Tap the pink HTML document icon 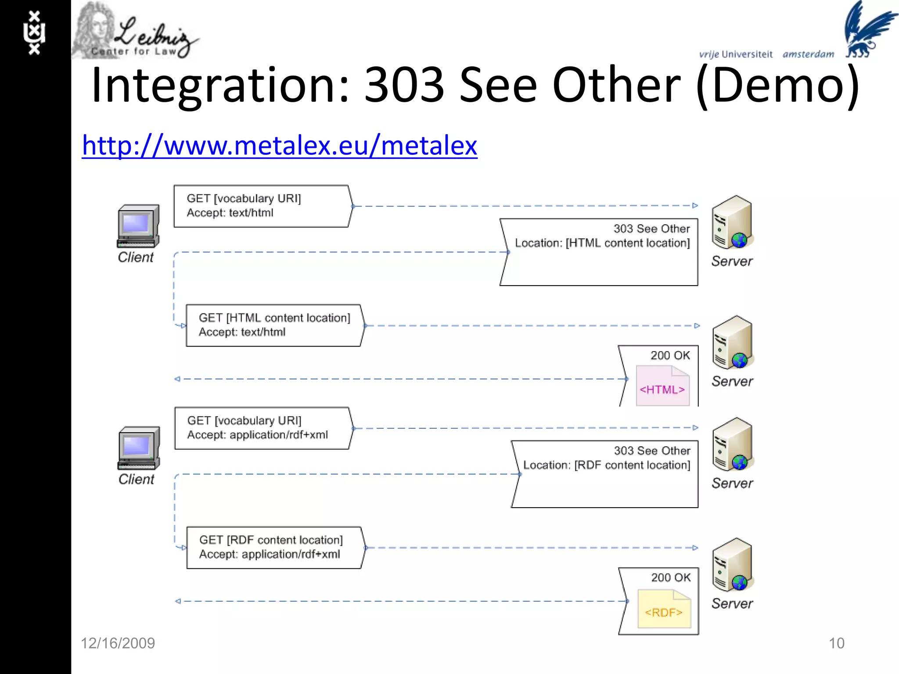coord(662,386)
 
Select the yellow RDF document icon coord(664,609)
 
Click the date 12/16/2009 coord(118,643)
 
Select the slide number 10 coord(836,643)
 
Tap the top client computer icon coord(138,226)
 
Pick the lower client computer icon coord(139,448)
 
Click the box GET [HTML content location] coord(275,325)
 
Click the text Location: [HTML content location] coord(602,243)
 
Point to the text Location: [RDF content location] coord(607,465)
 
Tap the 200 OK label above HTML coord(670,355)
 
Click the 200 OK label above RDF coord(671,577)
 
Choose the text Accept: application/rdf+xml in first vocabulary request coord(257,435)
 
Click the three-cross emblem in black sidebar coord(34,33)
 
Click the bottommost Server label coord(732,603)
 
